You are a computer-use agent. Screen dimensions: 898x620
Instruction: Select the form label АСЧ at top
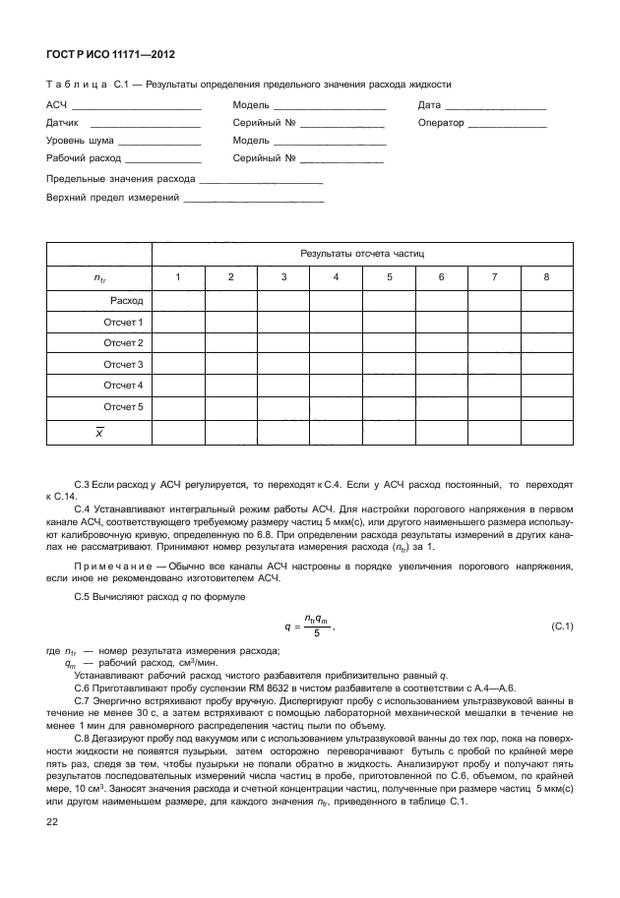tap(55, 104)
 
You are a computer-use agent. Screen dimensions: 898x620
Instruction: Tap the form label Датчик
tap(62, 123)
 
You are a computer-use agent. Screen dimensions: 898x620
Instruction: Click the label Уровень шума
tap(78, 141)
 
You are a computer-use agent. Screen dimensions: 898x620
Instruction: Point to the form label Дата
tap(428, 104)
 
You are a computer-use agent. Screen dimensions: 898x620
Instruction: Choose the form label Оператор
tap(440, 123)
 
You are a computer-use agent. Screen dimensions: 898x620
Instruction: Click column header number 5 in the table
tap(389, 277)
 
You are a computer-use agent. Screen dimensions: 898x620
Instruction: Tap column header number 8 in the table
tap(546, 277)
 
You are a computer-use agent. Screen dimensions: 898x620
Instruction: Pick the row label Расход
tap(128, 300)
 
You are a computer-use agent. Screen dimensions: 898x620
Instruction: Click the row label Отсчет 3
tap(124, 364)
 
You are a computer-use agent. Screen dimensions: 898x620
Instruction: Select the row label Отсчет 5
tap(124, 405)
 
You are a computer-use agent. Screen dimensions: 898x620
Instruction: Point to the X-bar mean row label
tap(98, 431)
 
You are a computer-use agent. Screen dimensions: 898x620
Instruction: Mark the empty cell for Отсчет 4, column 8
tap(546, 385)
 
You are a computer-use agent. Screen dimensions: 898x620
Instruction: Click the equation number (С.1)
tap(563, 626)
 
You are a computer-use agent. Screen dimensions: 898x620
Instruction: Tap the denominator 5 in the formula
tap(317, 634)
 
